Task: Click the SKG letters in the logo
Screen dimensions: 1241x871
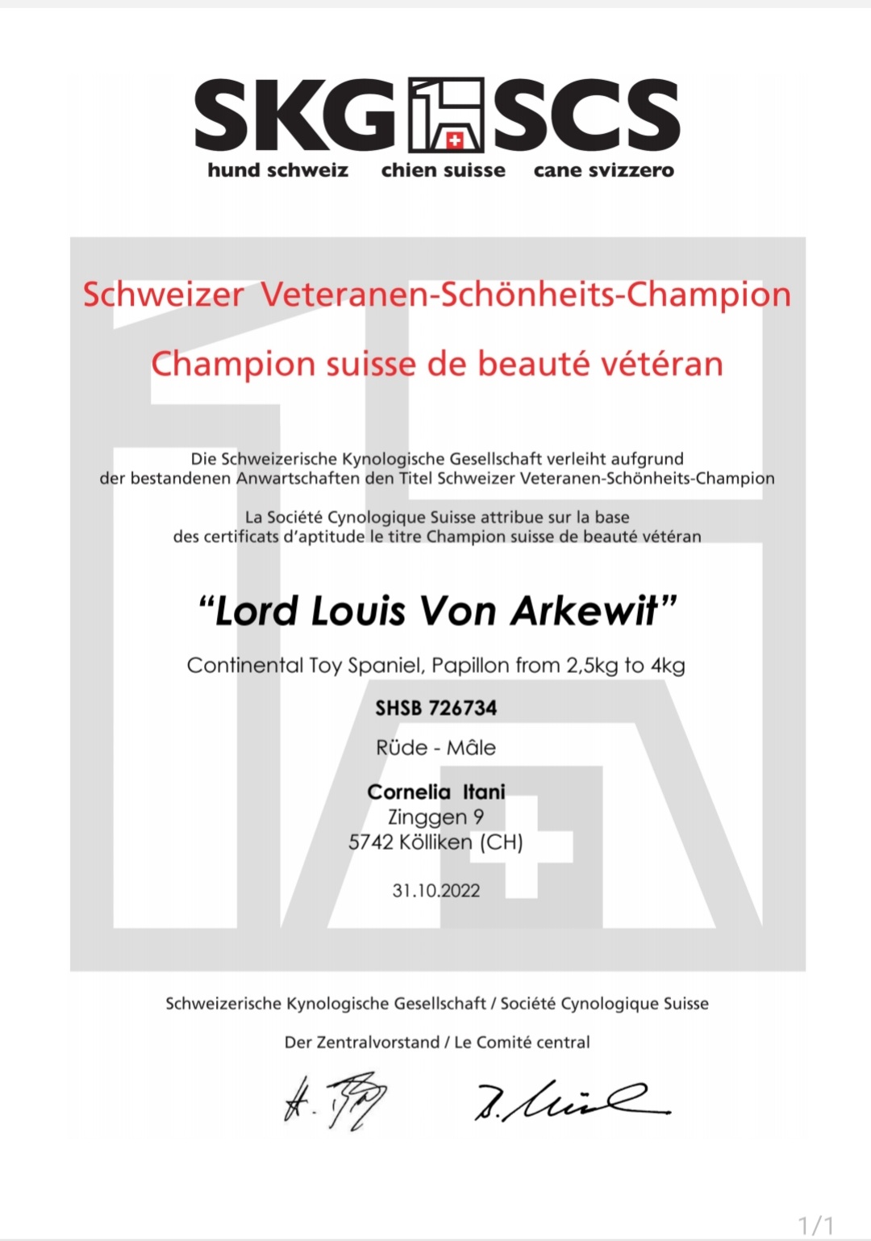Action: pyautogui.click(x=294, y=115)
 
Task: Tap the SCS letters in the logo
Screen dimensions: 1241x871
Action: pyautogui.click(x=586, y=115)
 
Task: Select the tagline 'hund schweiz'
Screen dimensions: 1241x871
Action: pyautogui.click(x=277, y=170)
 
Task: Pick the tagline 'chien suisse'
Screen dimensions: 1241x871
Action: pyautogui.click(x=443, y=170)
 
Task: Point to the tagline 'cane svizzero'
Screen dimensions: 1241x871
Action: pyautogui.click(x=603, y=170)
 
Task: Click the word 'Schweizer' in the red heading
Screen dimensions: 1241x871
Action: pyautogui.click(x=163, y=295)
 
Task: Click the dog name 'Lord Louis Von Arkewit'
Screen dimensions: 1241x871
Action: pyautogui.click(x=436, y=611)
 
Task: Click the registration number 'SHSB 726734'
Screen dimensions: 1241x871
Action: pyautogui.click(x=435, y=708)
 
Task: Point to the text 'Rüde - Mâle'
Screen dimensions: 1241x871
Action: pyautogui.click(x=435, y=748)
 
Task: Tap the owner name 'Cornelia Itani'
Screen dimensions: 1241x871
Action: pyautogui.click(x=435, y=792)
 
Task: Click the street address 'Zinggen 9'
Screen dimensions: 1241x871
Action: pyautogui.click(x=435, y=817)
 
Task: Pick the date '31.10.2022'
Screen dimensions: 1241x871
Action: pyautogui.click(x=435, y=891)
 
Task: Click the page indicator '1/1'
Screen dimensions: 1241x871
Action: pyautogui.click(x=815, y=1226)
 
